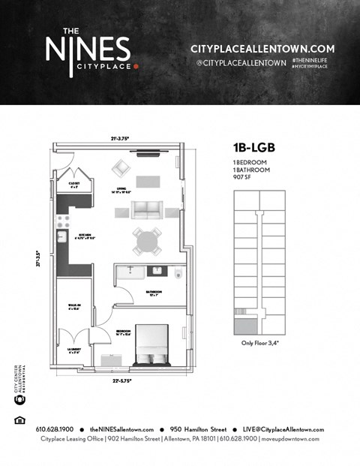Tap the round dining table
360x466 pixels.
147,241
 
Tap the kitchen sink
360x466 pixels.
62,237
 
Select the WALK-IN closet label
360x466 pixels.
74,305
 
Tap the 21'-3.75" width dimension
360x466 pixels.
123,137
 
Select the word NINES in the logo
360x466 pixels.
87,51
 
